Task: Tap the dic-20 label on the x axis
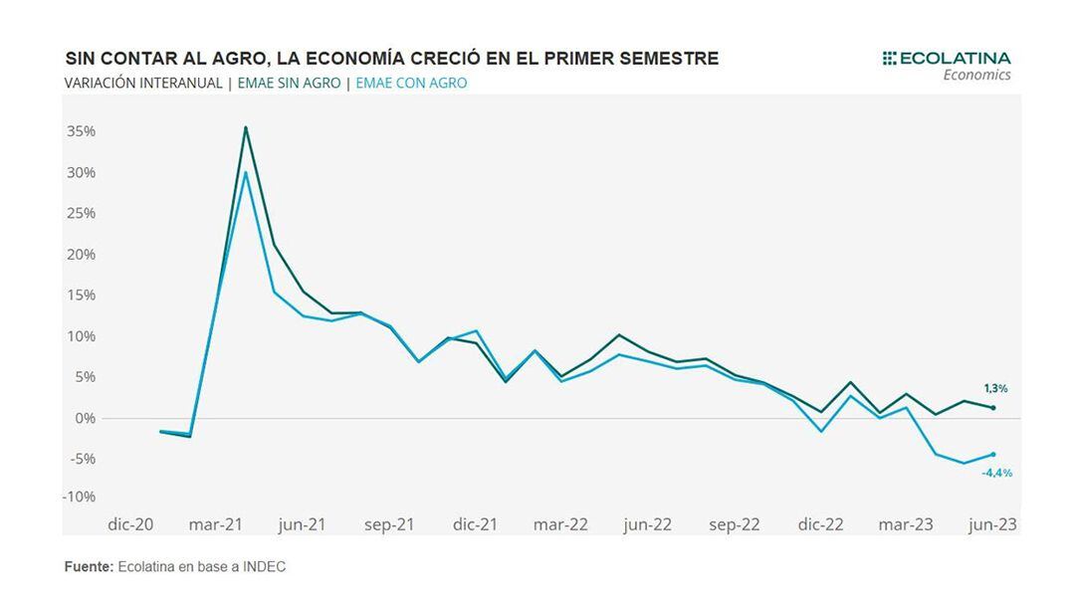[130, 524]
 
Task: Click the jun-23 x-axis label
[991, 524]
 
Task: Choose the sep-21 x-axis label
[389, 524]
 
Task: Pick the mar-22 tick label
[561, 524]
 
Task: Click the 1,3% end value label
[994, 389]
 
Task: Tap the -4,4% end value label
[996, 473]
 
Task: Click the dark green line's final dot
[993, 408]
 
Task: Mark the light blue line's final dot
[993, 455]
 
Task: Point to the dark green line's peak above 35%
[246, 127]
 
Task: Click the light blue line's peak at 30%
[246, 173]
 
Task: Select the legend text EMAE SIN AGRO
[289, 84]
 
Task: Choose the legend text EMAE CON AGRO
[411, 84]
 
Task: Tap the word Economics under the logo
[976, 76]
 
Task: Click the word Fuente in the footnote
[88, 567]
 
